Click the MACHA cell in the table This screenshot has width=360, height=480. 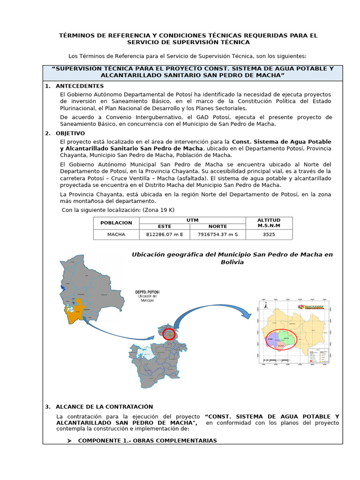(x=116, y=234)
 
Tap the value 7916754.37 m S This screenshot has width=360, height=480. (x=217, y=234)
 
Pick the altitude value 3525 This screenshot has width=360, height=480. (x=269, y=234)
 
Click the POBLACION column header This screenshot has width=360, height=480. (x=116, y=223)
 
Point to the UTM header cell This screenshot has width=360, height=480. (x=192, y=220)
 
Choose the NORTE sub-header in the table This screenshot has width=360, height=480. (x=217, y=226)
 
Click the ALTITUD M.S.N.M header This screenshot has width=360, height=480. (x=269, y=223)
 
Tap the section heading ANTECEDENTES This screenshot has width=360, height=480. (x=79, y=86)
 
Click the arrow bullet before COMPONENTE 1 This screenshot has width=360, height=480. (x=69, y=441)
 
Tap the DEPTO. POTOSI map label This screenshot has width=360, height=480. (x=147, y=292)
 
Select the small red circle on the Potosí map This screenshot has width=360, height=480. (x=169, y=333)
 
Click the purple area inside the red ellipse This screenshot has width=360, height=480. (x=272, y=340)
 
